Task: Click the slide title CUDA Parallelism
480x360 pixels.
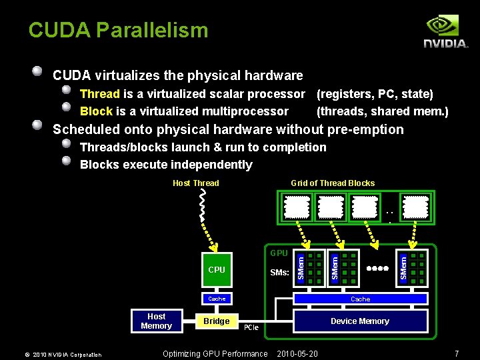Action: [118, 30]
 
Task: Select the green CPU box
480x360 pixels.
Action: [217, 270]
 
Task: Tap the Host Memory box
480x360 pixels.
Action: [156, 321]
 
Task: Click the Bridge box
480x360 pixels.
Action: [216, 321]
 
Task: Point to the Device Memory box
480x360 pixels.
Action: [360, 321]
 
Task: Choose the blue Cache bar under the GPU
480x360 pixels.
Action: [360, 299]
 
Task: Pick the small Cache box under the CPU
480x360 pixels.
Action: [217, 299]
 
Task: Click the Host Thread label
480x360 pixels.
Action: [195, 183]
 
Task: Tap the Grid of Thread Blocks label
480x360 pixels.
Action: [333, 183]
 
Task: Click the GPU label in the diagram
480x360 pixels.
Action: [279, 253]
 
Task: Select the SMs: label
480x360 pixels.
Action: [279, 273]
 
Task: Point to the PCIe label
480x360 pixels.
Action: [251, 328]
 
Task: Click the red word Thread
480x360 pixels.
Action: [99, 94]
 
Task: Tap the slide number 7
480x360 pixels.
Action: [457, 353]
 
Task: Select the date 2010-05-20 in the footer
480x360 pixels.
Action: [297, 353]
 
